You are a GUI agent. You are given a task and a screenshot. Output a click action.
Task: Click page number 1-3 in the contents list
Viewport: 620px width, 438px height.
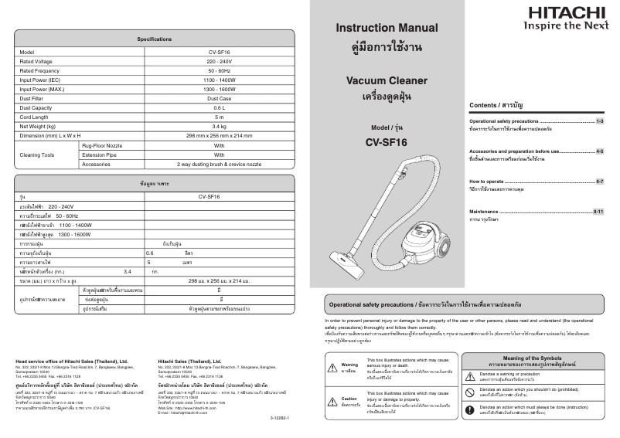[x=599, y=122]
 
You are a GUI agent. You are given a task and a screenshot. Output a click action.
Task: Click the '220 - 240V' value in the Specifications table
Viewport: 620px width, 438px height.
[x=219, y=60]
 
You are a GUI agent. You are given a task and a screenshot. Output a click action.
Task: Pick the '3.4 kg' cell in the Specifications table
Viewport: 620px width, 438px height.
[x=219, y=126]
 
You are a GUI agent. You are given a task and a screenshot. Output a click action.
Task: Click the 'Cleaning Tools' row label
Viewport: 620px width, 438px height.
[x=37, y=154]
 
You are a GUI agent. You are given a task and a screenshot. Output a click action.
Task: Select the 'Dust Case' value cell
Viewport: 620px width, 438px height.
[x=219, y=98]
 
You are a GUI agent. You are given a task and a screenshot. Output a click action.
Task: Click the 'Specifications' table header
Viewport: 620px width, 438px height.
[x=154, y=39]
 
